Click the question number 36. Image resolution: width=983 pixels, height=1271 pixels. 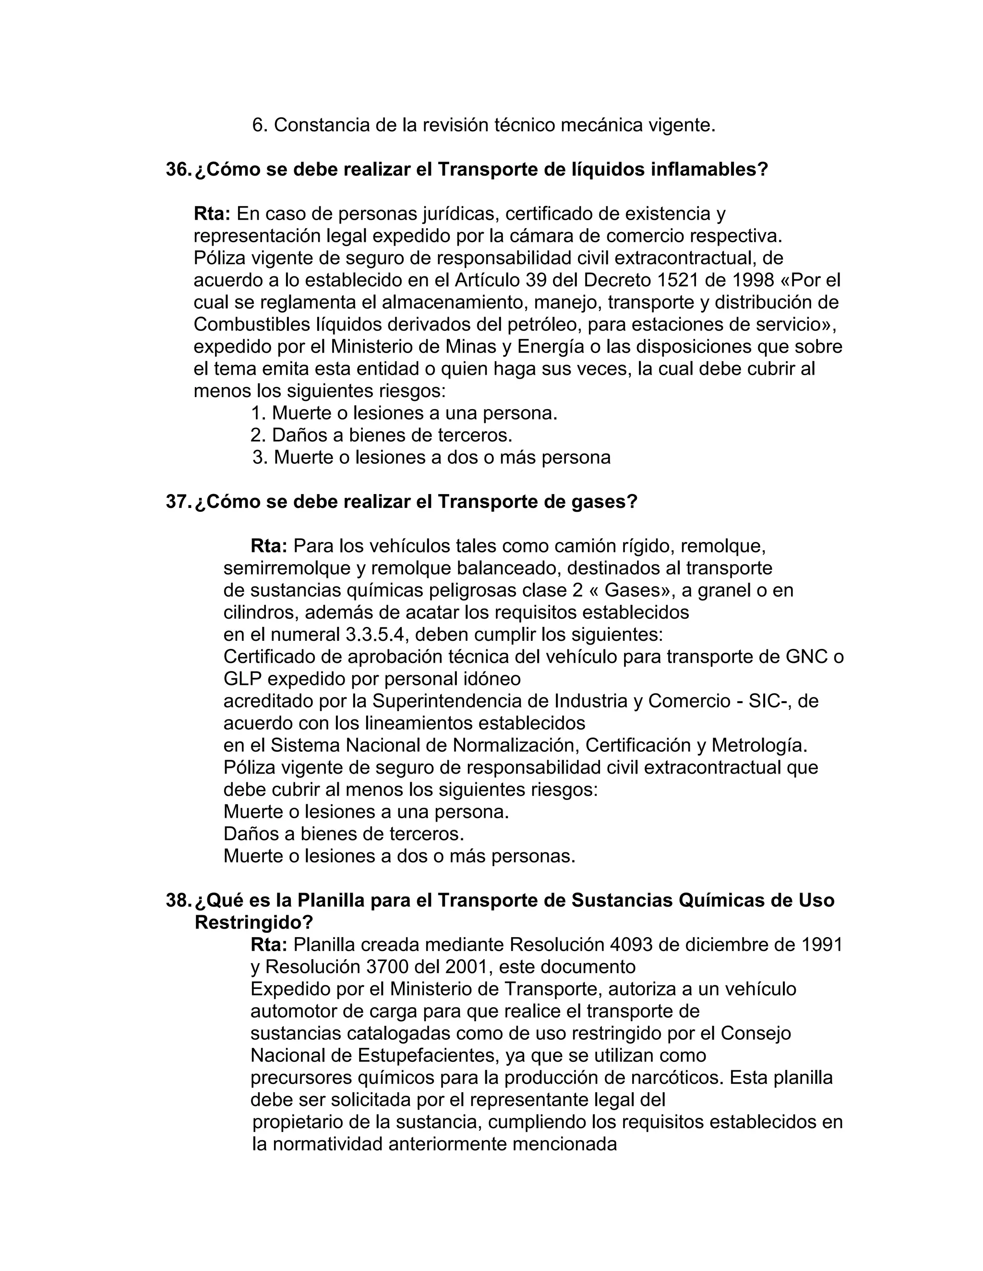click(x=177, y=169)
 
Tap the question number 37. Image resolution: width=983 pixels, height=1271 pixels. click(x=177, y=502)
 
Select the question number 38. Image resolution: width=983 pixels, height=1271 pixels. click(x=177, y=900)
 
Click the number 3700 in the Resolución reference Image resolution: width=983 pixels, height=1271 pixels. click(x=387, y=966)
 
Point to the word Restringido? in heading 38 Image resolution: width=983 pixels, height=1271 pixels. click(x=254, y=922)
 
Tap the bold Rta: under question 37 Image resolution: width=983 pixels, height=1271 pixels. click(x=269, y=546)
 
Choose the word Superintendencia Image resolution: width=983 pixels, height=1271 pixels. click(x=460, y=701)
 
